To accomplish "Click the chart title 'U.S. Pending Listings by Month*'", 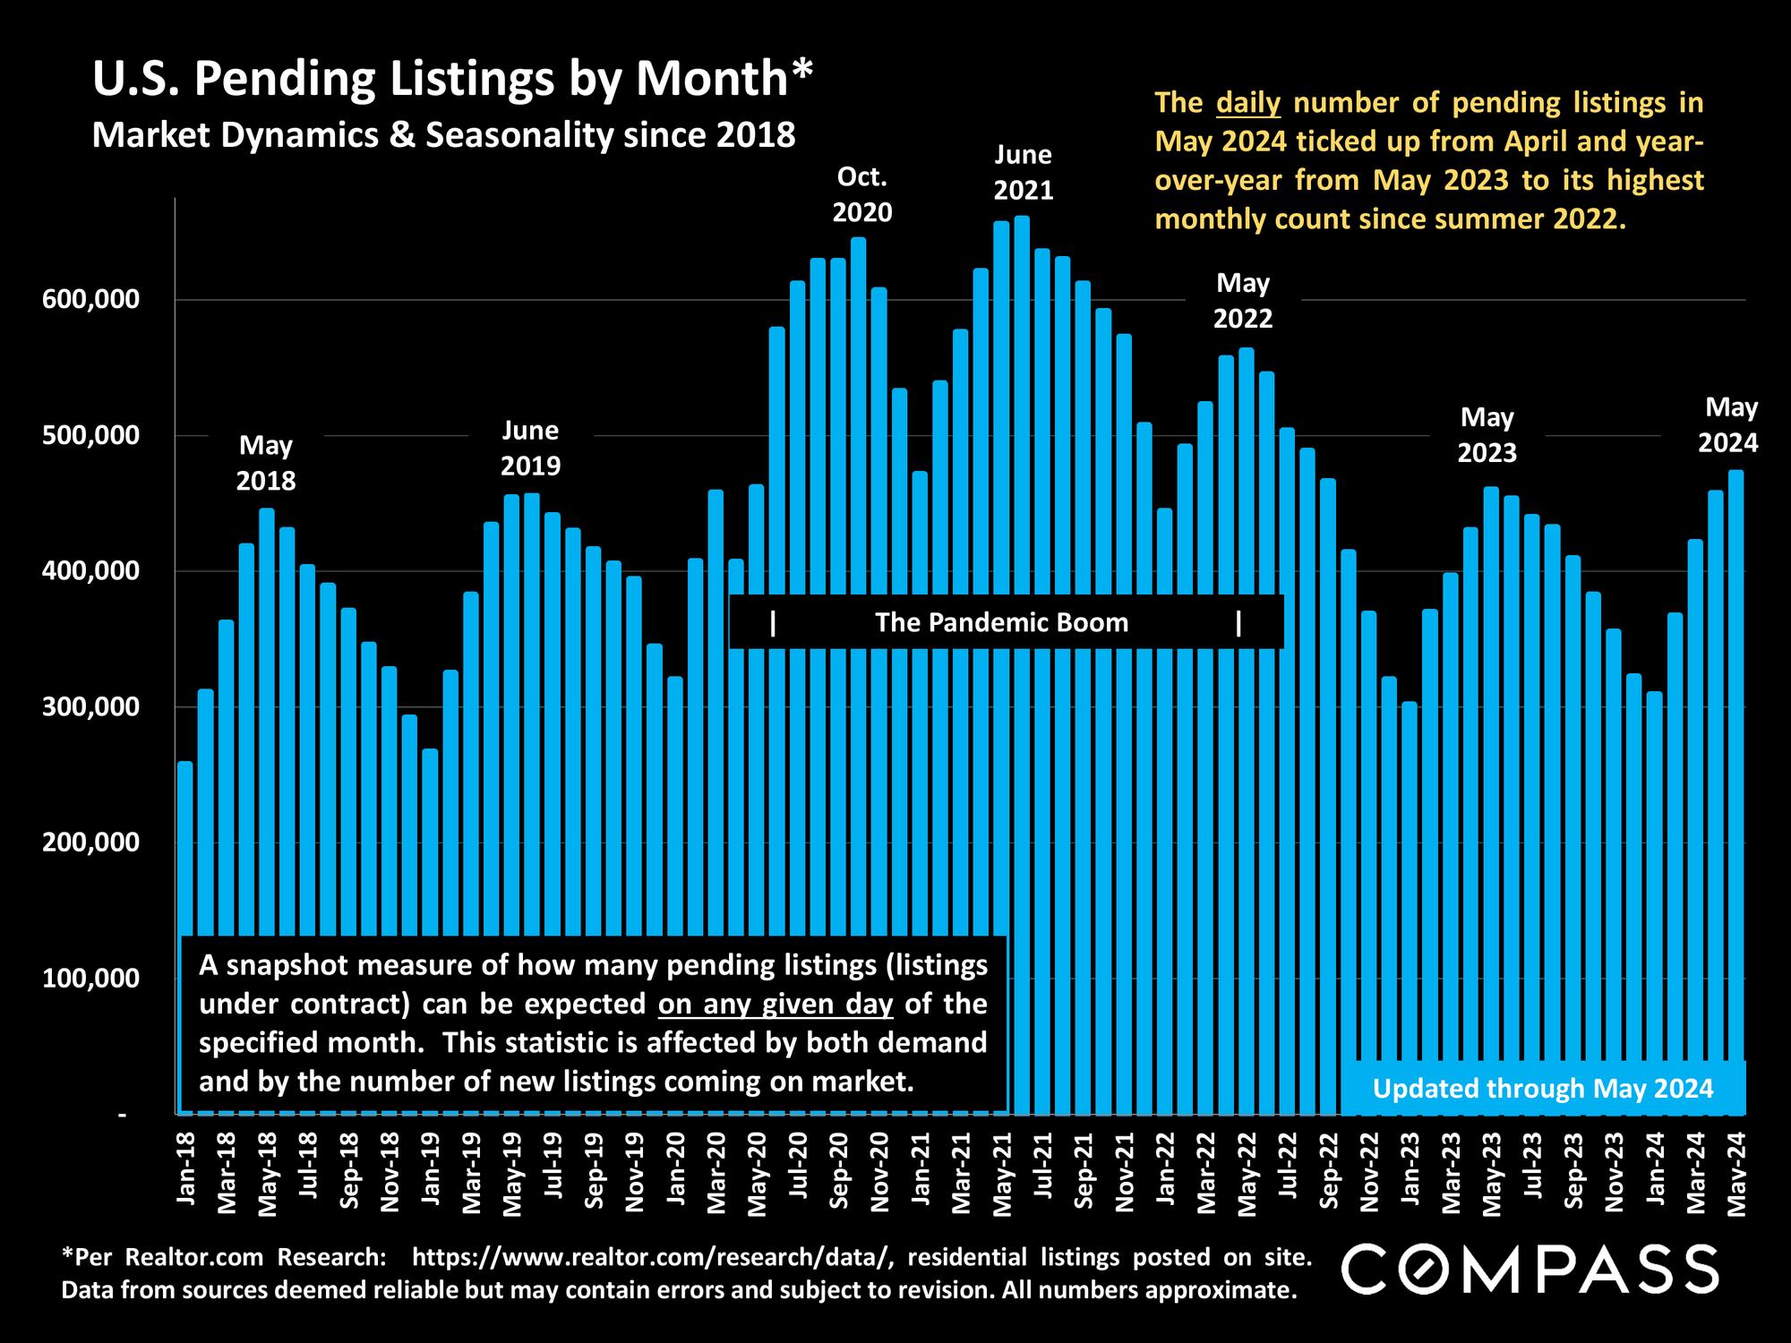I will click(x=452, y=79).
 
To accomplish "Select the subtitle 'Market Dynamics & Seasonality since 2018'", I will click(x=443, y=135).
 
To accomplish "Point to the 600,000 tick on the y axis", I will click(x=91, y=299).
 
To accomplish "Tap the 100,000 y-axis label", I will click(x=91, y=979).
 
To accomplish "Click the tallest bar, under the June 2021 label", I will click(x=1022, y=627).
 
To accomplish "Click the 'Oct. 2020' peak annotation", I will click(x=861, y=195).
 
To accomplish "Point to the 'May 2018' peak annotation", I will click(x=266, y=463).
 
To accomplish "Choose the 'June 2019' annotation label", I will click(x=530, y=449).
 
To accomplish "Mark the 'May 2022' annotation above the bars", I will click(x=1243, y=301).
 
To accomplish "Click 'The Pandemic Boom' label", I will click(x=1001, y=622).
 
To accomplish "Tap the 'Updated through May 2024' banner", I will click(x=1542, y=1089).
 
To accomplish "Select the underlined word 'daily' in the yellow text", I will click(x=1248, y=103).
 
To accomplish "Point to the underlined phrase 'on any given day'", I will click(x=776, y=1005).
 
